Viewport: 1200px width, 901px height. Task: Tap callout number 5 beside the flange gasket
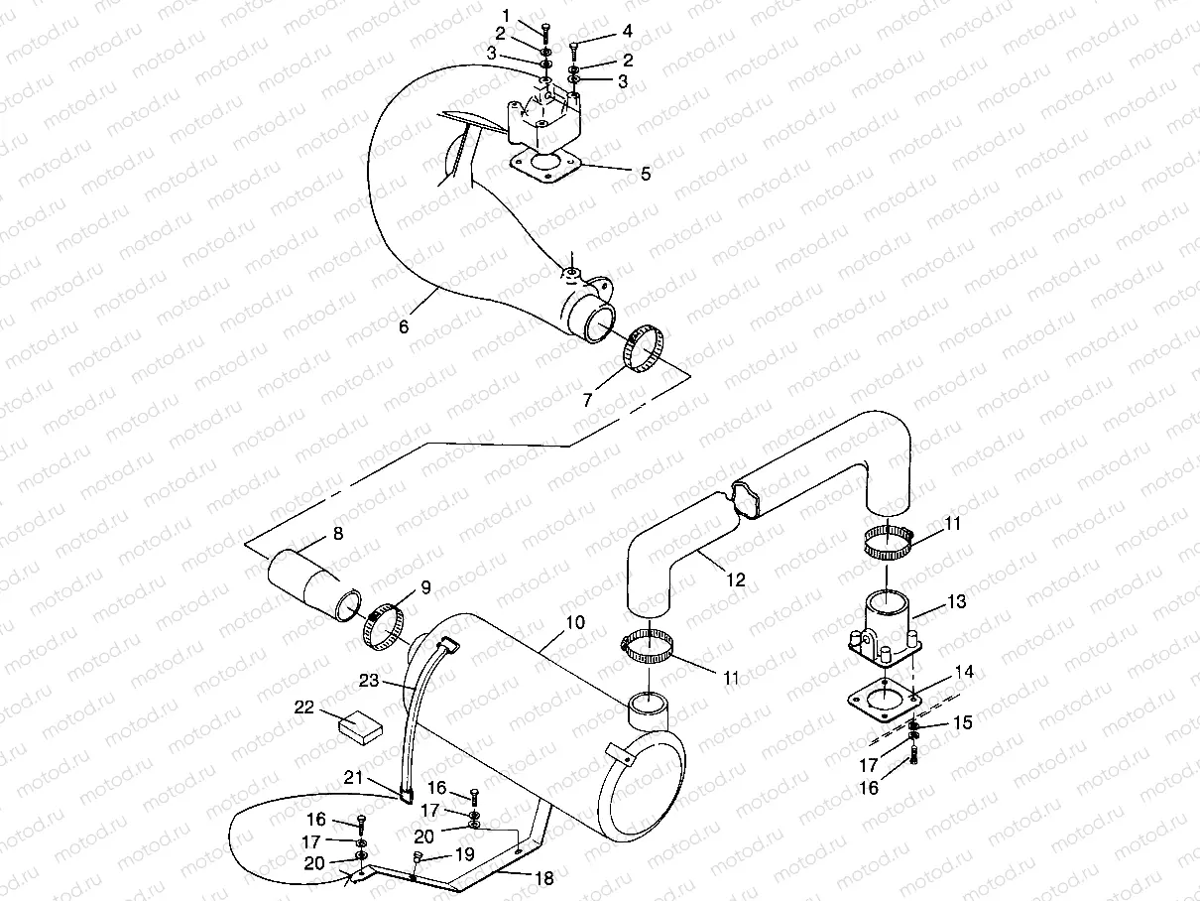(646, 175)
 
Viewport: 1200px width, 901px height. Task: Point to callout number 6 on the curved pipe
(404, 326)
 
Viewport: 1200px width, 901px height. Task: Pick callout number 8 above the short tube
(338, 534)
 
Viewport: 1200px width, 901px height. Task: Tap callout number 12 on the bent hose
(735, 580)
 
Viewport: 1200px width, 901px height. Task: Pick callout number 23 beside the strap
(368, 681)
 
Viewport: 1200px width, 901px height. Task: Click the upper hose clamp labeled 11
(890, 540)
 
